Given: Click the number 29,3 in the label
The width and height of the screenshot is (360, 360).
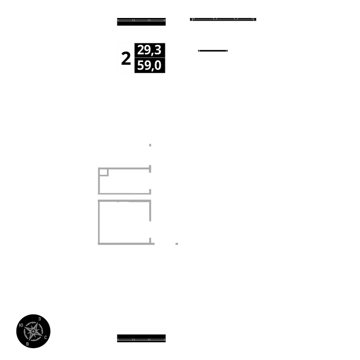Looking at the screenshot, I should click(150, 50).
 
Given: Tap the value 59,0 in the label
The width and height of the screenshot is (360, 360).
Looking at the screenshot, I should click(150, 66).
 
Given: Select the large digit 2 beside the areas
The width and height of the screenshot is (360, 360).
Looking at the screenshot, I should click(126, 59).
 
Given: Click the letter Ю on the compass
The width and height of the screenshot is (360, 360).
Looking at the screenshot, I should click(21, 325).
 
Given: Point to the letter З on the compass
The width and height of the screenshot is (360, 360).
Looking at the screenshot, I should click(39, 319).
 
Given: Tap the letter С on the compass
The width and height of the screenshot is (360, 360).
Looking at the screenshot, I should click(45, 337).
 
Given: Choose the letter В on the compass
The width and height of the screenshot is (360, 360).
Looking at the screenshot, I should click(27, 344).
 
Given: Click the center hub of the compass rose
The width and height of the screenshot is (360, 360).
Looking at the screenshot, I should click(33, 331).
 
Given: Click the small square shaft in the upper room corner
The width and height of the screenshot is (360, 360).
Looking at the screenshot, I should click(103, 172).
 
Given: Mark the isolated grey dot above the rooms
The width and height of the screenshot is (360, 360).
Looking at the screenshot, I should click(150, 145).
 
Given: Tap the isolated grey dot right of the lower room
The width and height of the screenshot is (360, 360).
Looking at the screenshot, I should click(177, 244).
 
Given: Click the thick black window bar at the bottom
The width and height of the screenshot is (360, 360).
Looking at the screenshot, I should click(141, 338).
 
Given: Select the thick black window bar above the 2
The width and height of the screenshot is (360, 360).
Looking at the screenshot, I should click(141, 22).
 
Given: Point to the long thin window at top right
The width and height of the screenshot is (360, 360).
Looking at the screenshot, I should click(223, 19).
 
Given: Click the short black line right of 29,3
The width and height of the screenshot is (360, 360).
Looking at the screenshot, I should click(213, 51).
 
